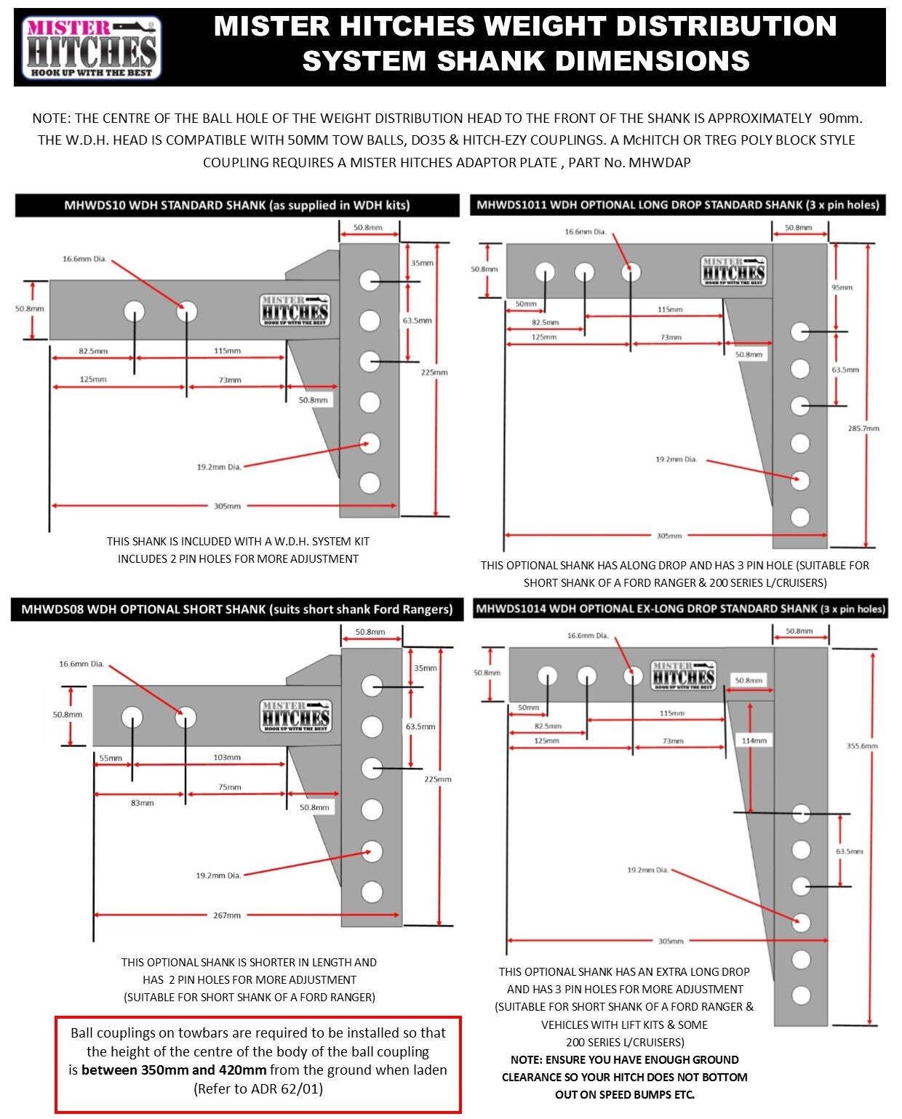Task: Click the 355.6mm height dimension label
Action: coord(862,746)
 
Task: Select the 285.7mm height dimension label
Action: coord(863,428)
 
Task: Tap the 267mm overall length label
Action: coord(227,915)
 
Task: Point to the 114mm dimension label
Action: coord(754,741)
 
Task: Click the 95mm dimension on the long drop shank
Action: coord(842,288)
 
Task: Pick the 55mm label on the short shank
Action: coord(111,758)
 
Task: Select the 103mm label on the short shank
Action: coord(227,758)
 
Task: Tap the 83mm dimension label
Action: coord(142,803)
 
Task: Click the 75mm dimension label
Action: coord(229,787)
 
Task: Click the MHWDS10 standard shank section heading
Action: coord(237,206)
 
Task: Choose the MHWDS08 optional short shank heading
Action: coord(237,609)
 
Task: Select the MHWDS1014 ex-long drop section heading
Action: coord(680,609)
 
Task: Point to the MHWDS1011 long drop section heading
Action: coord(678,205)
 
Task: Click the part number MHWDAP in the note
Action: coord(659,163)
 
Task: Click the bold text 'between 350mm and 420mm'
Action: coord(174,1070)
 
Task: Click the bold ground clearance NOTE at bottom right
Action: coord(624,1077)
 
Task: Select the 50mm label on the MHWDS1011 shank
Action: coord(526,304)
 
